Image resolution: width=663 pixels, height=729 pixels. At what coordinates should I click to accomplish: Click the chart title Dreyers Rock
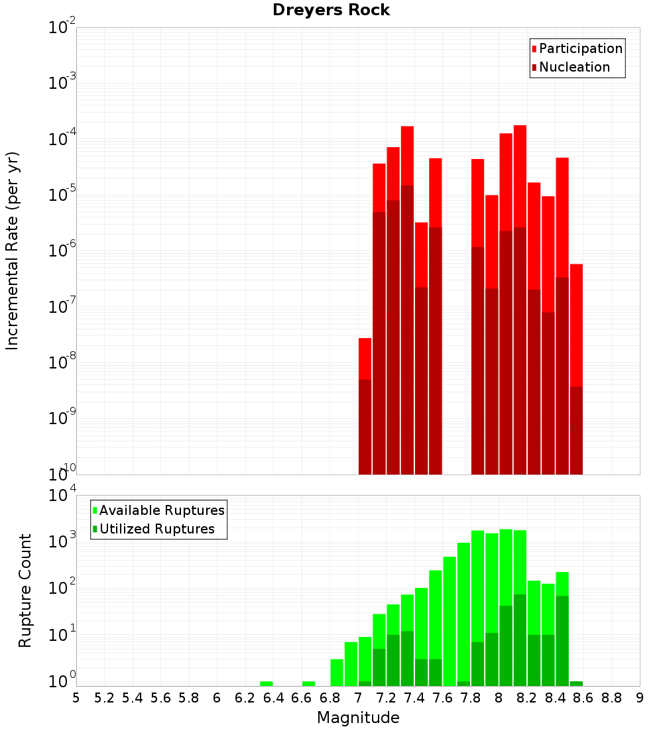coord(331,10)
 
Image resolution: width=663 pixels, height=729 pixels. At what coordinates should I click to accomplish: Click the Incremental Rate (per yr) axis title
coord(13,251)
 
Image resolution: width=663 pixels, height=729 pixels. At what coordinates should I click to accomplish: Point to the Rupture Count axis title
coord(25,590)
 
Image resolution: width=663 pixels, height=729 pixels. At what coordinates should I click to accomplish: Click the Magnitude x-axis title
coord(358,718)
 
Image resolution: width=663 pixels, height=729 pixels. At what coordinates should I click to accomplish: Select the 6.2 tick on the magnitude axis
coord(245,698)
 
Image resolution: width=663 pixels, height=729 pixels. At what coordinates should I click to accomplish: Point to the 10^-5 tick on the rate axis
coord(62,195)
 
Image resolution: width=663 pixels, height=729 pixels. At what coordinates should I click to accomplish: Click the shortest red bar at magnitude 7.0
coord(365,359)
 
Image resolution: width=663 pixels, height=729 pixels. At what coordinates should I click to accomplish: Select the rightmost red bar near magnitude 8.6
coord(576,325)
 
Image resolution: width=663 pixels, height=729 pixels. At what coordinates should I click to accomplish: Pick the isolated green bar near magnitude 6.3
coord(267,683)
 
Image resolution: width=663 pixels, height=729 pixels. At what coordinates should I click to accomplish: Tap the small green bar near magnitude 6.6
coord(309,683)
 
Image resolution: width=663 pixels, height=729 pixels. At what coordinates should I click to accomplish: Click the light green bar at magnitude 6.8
coord(337,672)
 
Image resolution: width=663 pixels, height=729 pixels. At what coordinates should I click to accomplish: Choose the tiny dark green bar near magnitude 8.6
coord(576,683)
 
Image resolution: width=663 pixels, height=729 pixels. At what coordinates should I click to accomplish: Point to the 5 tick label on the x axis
coord(76,698)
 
